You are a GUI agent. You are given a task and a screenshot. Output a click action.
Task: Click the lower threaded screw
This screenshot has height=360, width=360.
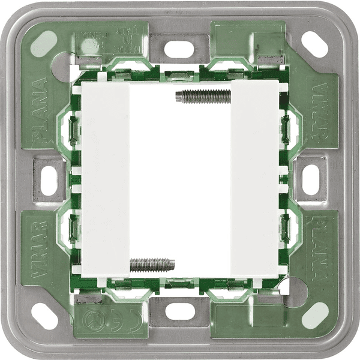pyautogui.click(x=152, y=262)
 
